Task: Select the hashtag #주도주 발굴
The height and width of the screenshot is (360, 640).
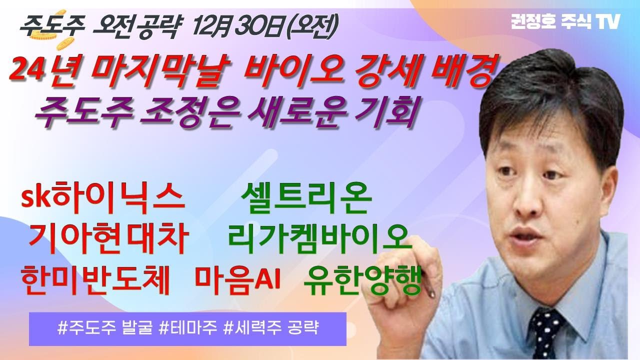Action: click(105, 328)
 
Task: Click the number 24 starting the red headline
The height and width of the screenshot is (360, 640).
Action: click(27, 72)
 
